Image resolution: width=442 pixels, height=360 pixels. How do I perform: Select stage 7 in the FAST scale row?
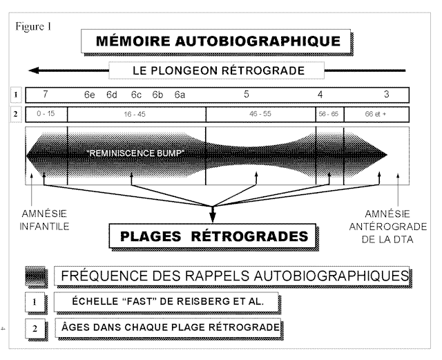click(46, 94)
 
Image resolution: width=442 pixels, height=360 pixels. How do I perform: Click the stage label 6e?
click(90, 94)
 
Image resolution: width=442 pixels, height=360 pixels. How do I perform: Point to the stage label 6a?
click(180, 94)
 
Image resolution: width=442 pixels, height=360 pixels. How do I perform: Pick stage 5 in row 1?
click(246, 94)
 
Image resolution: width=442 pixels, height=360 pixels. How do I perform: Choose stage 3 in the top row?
click(387, 94)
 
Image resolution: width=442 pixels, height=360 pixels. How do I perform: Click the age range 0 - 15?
click(46, 113)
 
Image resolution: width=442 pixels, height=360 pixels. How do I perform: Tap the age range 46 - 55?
click(260, 113)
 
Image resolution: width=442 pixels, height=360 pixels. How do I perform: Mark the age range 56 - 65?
click(329, 113)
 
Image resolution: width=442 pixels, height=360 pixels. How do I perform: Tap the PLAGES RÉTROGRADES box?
click(214, 236)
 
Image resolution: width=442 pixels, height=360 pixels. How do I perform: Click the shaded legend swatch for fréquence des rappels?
click(37, 275)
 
